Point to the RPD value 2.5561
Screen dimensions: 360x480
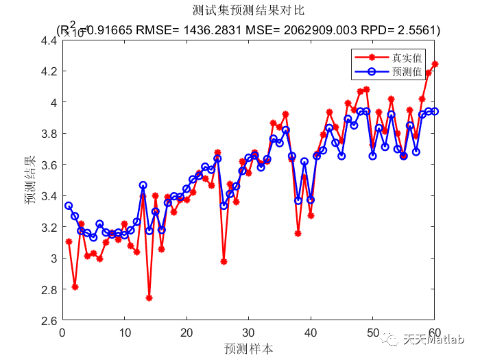416,30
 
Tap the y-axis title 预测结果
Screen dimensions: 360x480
30,180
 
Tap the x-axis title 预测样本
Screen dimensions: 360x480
248,348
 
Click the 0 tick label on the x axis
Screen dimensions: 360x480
62,333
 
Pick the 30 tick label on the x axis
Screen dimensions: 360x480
248,333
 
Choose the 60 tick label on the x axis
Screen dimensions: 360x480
434,333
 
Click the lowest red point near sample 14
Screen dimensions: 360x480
149,298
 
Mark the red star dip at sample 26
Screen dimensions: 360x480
224,261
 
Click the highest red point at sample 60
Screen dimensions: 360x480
435,64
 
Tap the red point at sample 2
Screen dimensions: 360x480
75,287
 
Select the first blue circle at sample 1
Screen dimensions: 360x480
69,206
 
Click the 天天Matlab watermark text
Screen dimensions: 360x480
442,339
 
